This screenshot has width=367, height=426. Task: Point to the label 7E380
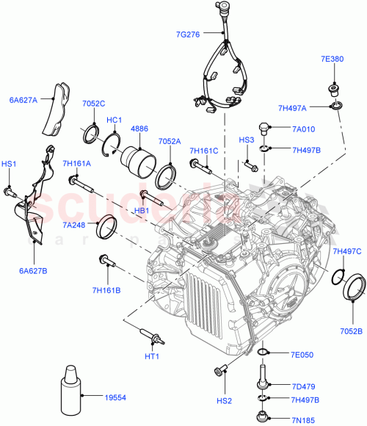332,58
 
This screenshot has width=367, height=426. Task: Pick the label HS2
225,400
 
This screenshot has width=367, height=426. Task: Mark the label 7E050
301,355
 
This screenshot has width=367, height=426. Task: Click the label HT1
152,356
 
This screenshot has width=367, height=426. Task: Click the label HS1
9,164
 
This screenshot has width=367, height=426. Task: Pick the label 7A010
302,129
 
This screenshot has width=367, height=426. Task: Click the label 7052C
94,104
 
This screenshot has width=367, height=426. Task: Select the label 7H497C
347,252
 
